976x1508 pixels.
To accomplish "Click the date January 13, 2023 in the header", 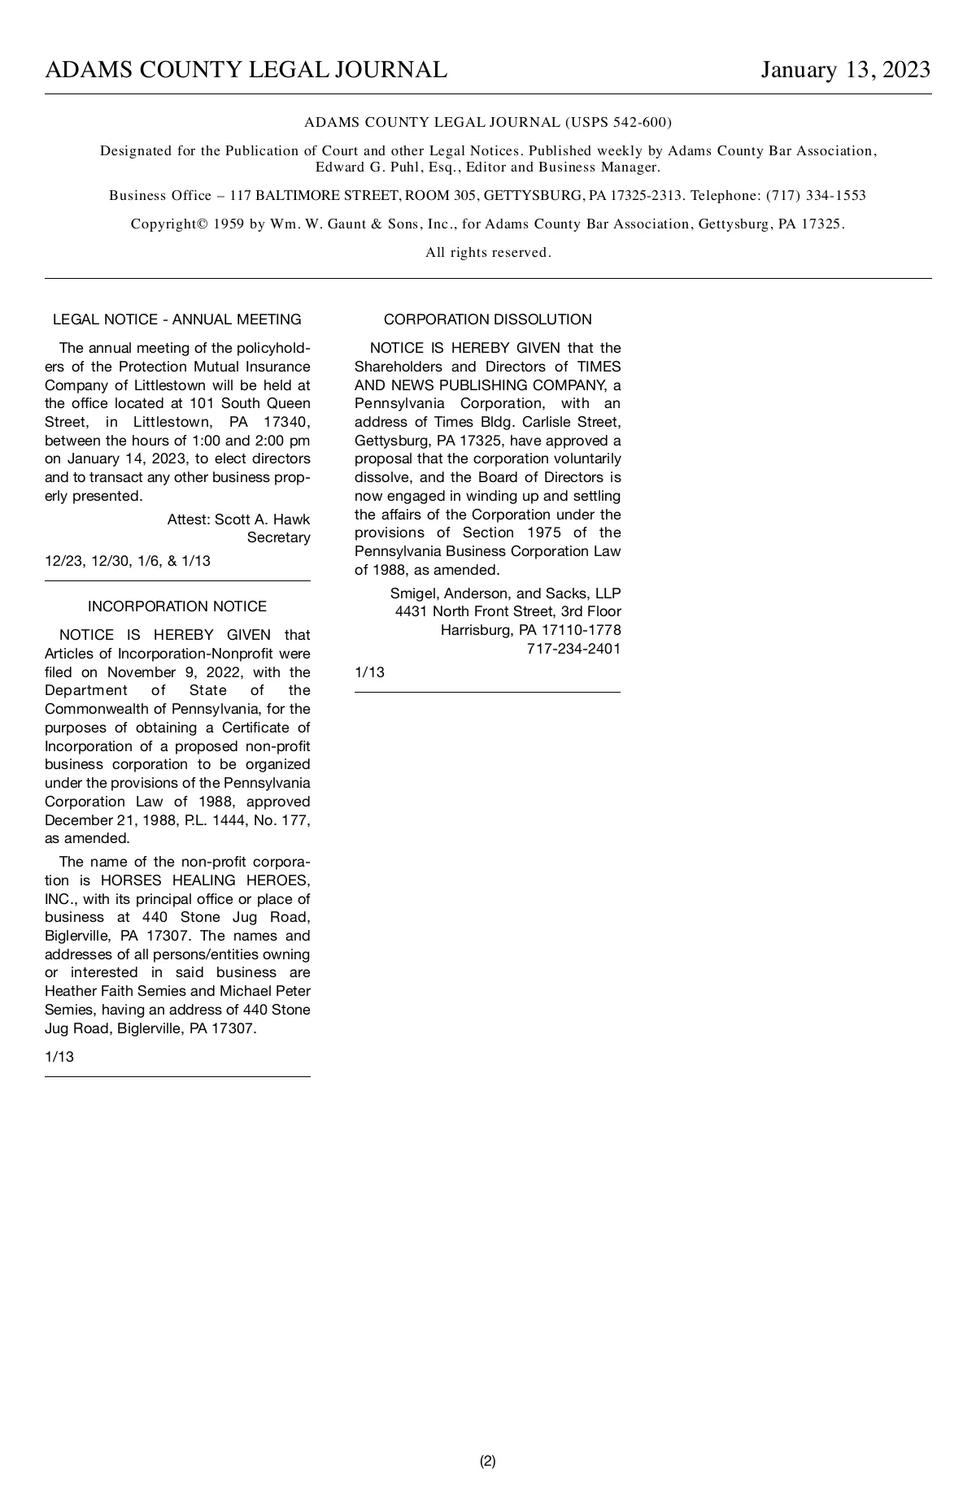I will (845, 70).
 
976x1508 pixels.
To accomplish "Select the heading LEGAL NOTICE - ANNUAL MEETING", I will (176, 319).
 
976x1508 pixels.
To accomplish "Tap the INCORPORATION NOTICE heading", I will (176, 606).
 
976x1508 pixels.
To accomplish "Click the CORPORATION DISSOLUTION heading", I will (487, 319).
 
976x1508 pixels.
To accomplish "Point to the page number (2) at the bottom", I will (487, 1461).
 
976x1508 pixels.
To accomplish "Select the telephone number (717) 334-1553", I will (816, 196).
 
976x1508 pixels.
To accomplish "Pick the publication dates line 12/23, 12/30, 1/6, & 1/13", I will (128, 561).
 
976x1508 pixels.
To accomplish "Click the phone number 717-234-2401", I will (573, 649).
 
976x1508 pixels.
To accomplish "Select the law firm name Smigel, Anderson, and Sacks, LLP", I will (505, 593).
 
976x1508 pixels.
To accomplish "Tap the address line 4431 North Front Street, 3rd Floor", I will (508, 611).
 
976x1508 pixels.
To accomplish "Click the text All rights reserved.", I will (488, 253).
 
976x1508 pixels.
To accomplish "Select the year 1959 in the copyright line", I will (229, 224).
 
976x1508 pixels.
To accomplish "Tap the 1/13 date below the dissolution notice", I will (369, 672).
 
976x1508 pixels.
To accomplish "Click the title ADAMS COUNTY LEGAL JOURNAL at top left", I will (246, 70).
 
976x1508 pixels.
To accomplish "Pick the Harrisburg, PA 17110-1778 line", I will (530, 630).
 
